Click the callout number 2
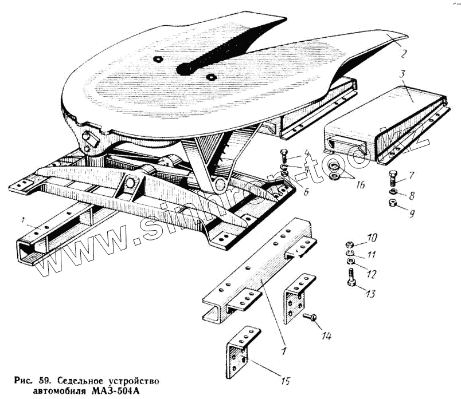click(x=404, y=55)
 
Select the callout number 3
click(x=404, y=74)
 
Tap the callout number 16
click(x=360, y=185)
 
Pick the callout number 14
click(x=326, y=337)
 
